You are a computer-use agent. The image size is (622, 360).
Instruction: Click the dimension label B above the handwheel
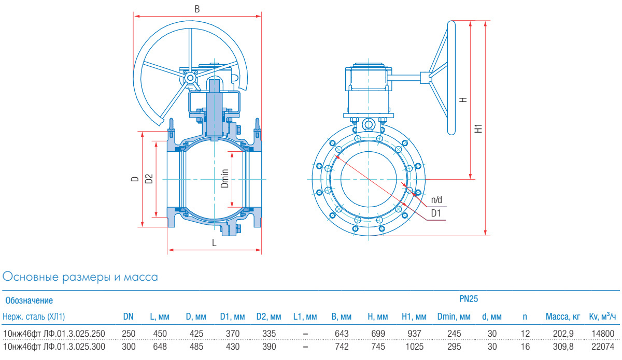tap(197, 9)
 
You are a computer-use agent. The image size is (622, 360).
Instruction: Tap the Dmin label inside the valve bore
tap(224, 178)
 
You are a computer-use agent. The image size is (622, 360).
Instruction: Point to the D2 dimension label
tap(149, 179)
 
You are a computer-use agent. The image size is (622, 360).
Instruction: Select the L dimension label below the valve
tap(214, 242)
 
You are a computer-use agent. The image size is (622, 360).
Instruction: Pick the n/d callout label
tap(437, 199)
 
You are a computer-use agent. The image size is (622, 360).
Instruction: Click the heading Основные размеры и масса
tap(80, 277)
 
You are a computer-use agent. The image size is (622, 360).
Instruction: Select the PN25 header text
tap(469, 299)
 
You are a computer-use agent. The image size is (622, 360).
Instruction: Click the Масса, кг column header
tap(562, 316)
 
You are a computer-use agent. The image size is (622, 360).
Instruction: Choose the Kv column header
tap(602, 316)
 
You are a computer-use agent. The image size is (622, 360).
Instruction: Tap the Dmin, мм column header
tap(454, 316)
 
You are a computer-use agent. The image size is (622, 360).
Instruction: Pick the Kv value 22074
tap(602, 346)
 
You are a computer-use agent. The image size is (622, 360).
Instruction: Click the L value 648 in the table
tap(160, 346)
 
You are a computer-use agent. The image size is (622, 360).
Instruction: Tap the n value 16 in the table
tap(525, 346)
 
